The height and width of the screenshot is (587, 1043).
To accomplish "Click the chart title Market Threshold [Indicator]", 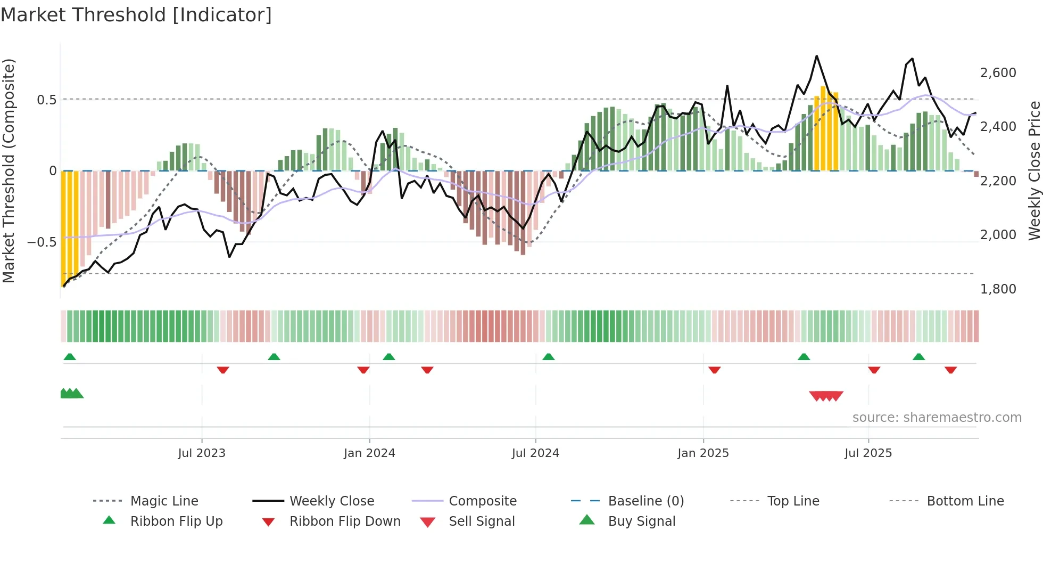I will point(136,15).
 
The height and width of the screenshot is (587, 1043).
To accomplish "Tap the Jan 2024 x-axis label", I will point(369,453).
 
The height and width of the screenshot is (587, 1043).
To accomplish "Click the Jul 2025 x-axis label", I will point(868,453).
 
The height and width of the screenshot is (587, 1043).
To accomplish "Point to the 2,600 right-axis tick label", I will point(998,73).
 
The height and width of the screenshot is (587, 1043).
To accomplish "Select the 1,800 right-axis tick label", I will point(998,289).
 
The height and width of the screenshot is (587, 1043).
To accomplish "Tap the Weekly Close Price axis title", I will point(1034,170).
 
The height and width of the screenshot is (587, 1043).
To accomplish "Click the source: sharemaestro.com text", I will point(937,418).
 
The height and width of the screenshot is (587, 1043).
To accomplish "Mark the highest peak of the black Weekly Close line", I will point(817,56).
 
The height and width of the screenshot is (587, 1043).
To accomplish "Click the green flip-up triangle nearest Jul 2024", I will point(549,357).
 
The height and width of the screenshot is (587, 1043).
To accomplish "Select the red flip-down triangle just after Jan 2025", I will point(715,370).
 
